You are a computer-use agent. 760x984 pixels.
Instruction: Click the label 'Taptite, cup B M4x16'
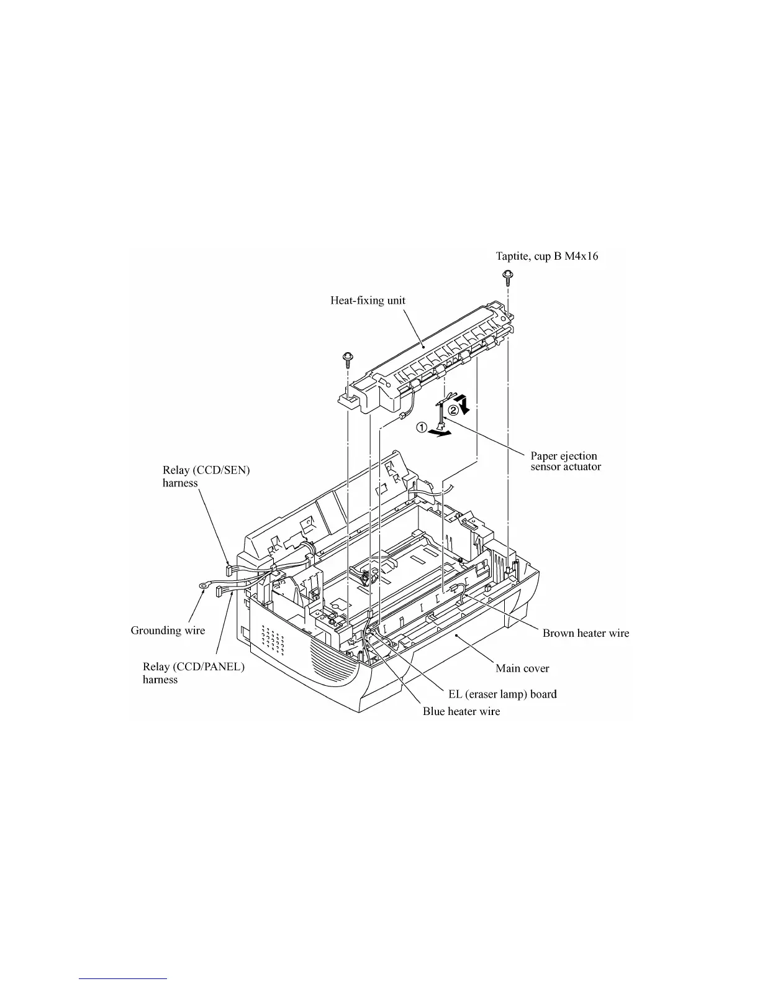[x=546, y=256]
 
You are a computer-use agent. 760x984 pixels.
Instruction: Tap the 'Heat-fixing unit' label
[x=368, y=301]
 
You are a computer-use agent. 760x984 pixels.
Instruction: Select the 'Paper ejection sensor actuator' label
[x=566, y=461]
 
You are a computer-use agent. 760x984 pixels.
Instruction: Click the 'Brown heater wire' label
[x=586, y=633]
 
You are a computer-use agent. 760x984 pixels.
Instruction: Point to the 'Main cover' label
[x=522, y=668]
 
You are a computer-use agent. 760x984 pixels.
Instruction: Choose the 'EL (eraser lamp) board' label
[x=502, y=694]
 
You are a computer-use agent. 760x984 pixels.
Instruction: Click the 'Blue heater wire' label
[x=461, y=711]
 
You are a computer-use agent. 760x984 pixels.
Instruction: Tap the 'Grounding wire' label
[x=168, y=631]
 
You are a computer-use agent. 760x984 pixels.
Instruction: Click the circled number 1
[x=422, y=427]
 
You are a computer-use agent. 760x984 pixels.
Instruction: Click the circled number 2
[x=454, y=410]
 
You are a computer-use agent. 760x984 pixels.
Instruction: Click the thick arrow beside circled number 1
[x=441, y=434]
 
